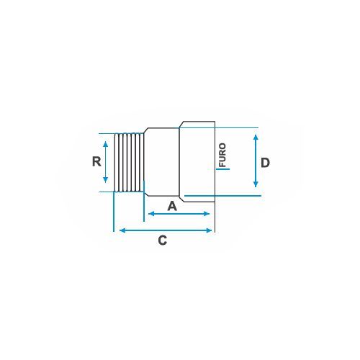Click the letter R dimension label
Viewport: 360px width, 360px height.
point(96,161)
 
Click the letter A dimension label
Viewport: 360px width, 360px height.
point(172,206)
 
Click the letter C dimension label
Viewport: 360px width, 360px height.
point(163,240)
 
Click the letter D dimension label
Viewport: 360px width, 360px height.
point(265,163)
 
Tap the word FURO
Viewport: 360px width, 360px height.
point(222,155)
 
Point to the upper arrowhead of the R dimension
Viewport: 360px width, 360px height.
point(105,144)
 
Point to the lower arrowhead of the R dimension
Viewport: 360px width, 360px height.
point(105,180)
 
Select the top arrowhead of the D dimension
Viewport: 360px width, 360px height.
point(256,138)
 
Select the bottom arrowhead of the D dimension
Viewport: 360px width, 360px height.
point(256,184)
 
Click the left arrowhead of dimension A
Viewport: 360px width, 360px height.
point(151,214)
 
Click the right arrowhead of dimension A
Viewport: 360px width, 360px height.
point(207,214)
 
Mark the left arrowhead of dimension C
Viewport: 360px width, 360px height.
point(122,230)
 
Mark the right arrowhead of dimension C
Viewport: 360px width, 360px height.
point(209,230)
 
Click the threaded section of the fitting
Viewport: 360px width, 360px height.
point(129,163)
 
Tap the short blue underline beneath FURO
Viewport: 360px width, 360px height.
point(223,169)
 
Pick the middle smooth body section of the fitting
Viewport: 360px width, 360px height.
point(161,162)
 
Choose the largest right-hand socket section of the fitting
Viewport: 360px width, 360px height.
point(197,162)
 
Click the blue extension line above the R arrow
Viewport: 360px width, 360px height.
point(107,133)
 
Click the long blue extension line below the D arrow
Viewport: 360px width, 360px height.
point(222,196)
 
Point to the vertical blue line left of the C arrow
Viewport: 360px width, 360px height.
point(114,212)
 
